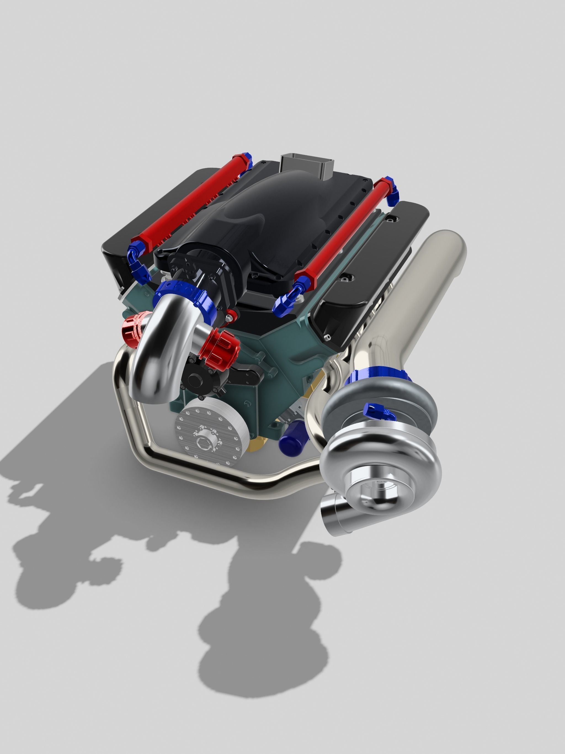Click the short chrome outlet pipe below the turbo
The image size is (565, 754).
(x=333, y=516)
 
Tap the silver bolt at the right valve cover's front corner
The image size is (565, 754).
(x=328, y=337)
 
